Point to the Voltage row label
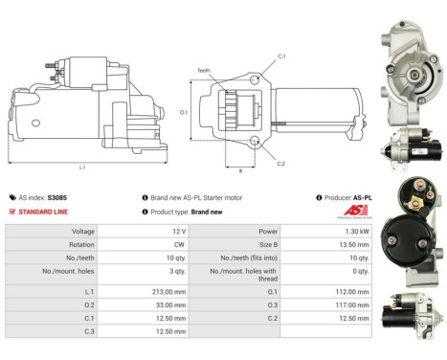click(83, 231)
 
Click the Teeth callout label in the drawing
click(203, 71)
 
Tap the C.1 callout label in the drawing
click(281, 56)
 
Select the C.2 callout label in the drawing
click(280, 164)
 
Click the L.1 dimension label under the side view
click(82, 167)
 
